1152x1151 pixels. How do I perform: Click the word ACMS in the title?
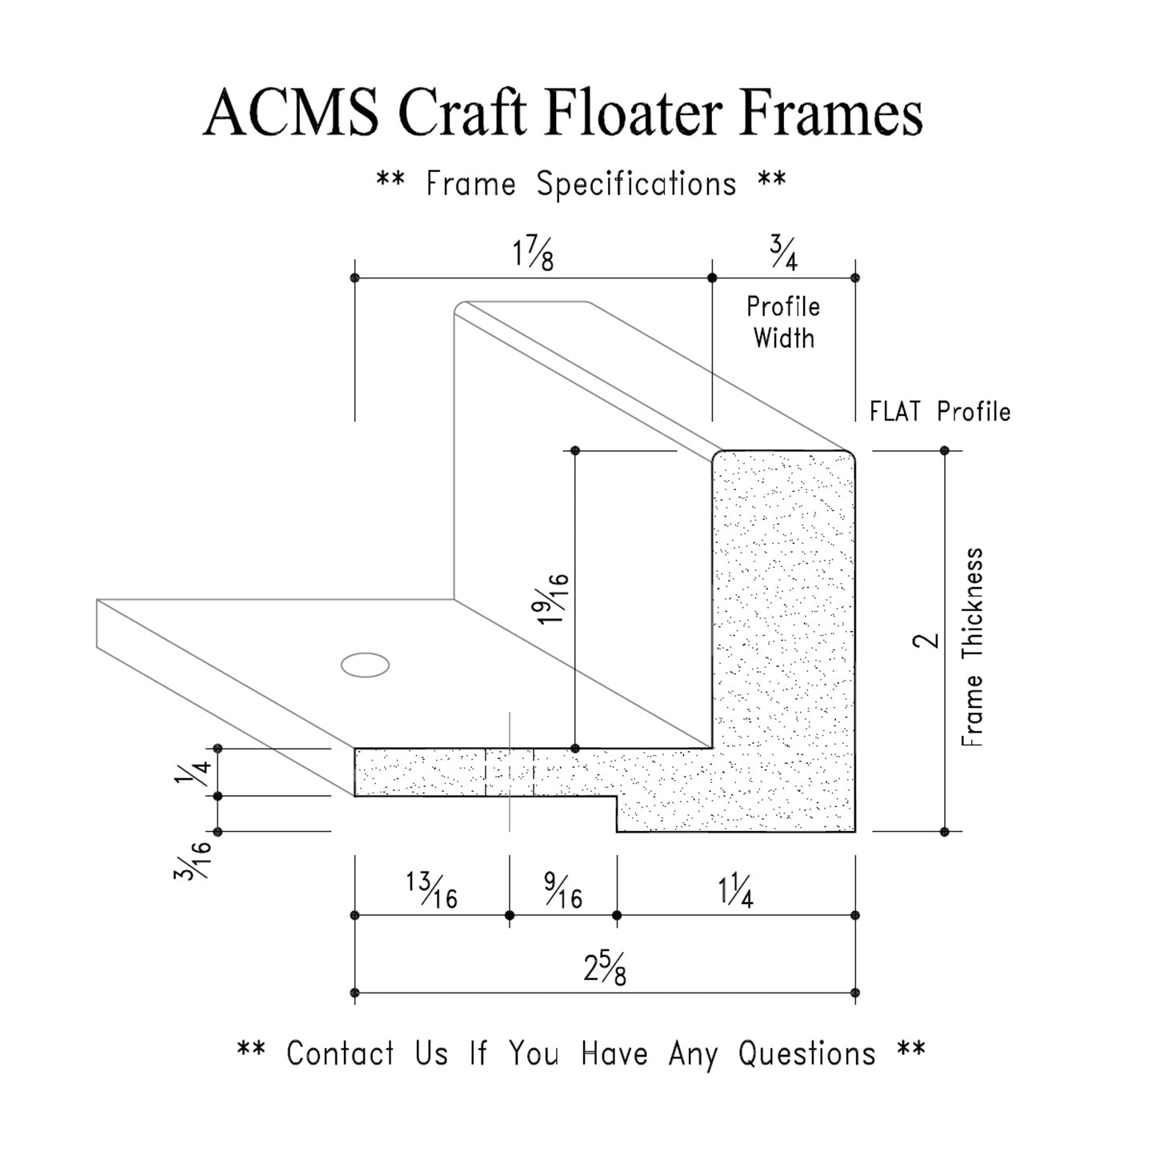(x=291, y=114)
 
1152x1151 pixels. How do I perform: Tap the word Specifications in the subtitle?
(x=636, y=185)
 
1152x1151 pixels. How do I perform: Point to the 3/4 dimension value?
(x=784, y=252)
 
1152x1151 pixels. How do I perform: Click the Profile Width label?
(x=783, y=322)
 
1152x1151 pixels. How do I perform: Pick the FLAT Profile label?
(x=940, y=412)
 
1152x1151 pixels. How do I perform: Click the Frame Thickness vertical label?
(x=972, y=647)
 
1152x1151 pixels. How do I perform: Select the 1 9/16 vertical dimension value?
(x=554, y=599)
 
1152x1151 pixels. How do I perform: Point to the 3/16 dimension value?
(x=194, y=860)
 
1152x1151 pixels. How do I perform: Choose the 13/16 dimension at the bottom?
(x=432, y=891)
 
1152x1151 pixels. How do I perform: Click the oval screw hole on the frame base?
(x=365, y=665)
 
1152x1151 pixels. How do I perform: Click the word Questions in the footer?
(x=806, y=1054)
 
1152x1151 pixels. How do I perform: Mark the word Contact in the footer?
(x=341, y=1054)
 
